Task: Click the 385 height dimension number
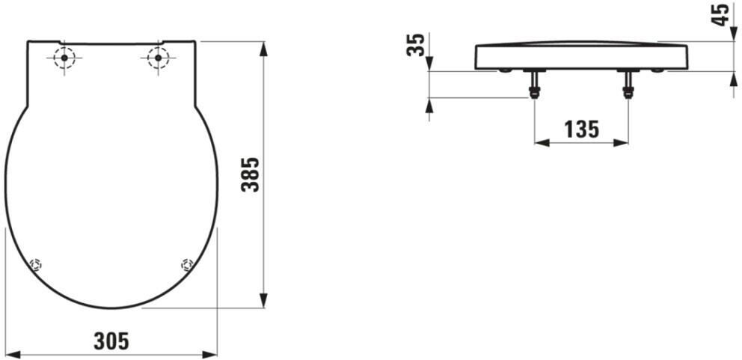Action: click(x=251, y=174)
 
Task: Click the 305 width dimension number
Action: click(x=111, y=341)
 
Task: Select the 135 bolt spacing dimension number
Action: click(x=582, y=129)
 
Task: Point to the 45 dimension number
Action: click(x=721, y=14)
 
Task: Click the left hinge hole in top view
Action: click(x=64, y=58)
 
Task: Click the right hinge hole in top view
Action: click(x=158, y=58)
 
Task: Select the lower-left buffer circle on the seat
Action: click(x=35, y=265)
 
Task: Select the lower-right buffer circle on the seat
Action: click(x=187, y=265)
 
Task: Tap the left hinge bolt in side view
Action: click(x=534, y=85)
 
